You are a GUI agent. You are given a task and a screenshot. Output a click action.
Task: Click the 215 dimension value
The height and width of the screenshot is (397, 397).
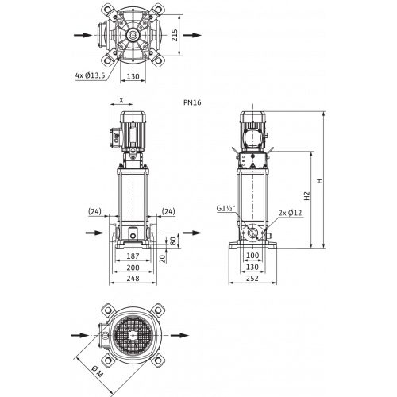point(175,35)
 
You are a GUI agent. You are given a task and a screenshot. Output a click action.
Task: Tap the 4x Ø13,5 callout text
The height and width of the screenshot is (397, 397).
point(90,75)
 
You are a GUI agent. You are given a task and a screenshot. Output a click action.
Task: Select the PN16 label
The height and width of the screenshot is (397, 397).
point(192,102)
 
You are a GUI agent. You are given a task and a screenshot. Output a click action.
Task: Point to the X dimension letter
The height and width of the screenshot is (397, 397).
point(121,100)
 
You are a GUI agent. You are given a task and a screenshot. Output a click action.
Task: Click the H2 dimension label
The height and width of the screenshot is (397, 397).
point(306,196)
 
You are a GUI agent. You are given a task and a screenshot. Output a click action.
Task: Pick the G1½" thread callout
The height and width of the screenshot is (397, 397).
point(226,209)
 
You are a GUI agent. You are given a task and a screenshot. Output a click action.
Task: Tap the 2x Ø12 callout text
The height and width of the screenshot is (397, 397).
point(291,213)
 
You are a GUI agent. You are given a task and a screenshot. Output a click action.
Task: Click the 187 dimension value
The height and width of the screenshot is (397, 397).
point(133,256)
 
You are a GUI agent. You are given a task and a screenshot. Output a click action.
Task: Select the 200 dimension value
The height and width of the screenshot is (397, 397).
point(133,268)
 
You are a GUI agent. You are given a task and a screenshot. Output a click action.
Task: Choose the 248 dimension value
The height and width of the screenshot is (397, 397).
point(133,279)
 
